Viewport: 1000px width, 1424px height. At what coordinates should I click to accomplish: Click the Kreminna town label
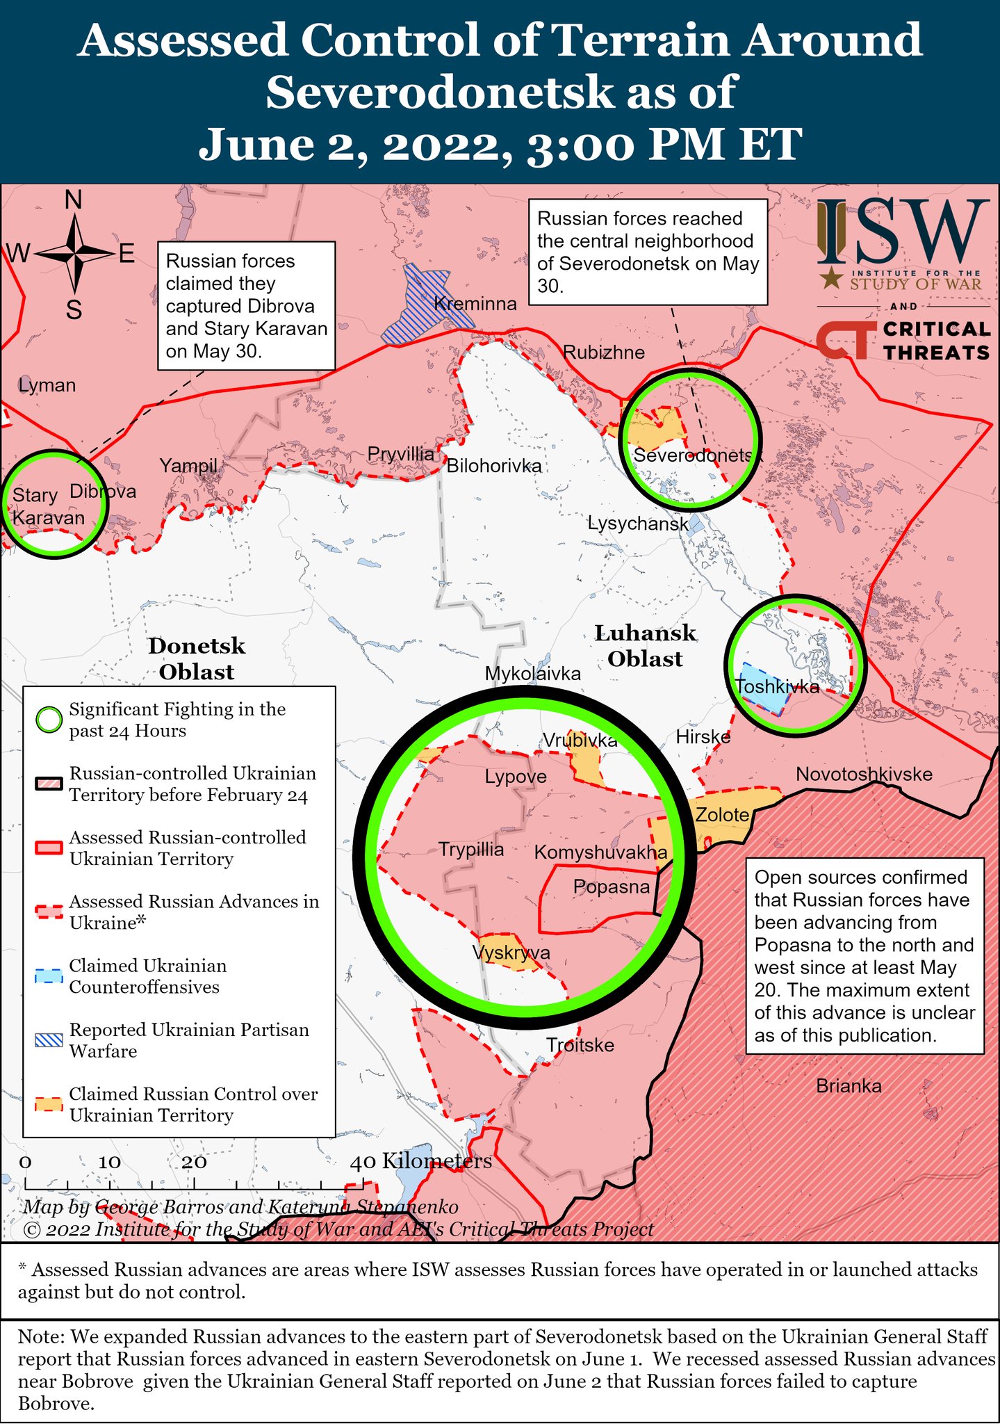[475, 304]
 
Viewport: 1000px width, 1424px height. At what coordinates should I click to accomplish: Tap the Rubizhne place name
[604, 353]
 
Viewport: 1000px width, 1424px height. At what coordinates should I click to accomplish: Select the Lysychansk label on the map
[638, 524]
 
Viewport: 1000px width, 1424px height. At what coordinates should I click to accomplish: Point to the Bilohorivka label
[493, 466]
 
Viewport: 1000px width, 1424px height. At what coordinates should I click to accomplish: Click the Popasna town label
[612, 887]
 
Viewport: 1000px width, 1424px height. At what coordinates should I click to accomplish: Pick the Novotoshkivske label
[864, 775]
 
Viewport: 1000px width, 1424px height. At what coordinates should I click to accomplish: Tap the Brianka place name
[849, 1086]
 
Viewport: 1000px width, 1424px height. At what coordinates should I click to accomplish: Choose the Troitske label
[580, 1045]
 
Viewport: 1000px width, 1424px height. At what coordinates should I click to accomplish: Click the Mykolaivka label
[532, 674]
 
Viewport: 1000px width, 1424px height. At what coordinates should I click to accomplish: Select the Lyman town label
[47, 385]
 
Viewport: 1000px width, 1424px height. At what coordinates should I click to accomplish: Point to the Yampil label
[188, 466]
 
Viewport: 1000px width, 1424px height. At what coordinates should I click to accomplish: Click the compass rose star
[74, 254]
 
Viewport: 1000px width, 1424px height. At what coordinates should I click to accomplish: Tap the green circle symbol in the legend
[49, 720]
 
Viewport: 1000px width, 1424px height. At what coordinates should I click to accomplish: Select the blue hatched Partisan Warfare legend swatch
[49, 1040]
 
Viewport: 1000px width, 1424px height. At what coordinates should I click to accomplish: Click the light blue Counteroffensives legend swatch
[49, 976]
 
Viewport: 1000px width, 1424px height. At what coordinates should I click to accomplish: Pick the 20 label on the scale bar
[194, 1162]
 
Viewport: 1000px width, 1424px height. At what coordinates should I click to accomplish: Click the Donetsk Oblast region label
[197, 658]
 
